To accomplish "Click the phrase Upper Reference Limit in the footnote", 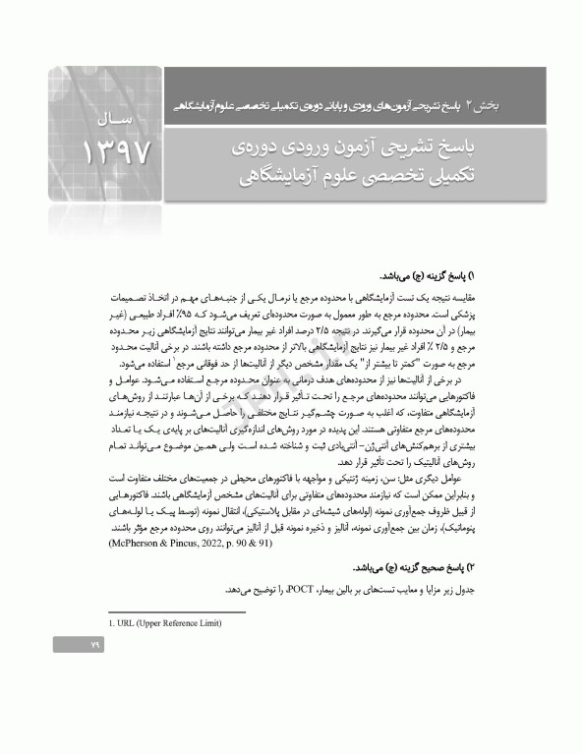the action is pos(184,623).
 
